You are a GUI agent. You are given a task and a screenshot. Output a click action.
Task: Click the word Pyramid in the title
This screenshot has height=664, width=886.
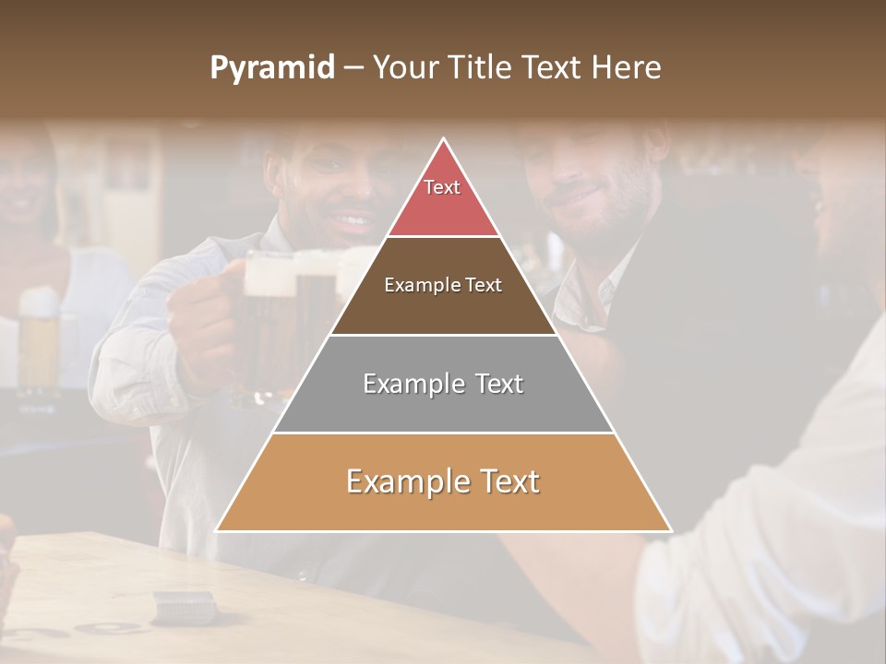click(271, 68)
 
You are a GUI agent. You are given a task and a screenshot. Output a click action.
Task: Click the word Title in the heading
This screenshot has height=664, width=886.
click(479, 67)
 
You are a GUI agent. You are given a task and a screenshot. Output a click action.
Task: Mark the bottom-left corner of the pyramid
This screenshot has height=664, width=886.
click(218, 529)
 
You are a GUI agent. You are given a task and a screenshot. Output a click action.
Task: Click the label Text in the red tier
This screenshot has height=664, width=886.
click(442, 187)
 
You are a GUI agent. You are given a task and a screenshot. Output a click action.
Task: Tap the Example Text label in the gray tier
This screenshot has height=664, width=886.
click(443, 384)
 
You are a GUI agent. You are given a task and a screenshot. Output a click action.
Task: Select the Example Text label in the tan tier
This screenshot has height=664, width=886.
click(443, 481)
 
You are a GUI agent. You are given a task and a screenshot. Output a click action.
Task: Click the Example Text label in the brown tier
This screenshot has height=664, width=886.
click(443, 285)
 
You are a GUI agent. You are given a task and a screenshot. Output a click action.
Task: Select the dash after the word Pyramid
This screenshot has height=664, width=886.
click(353, 68)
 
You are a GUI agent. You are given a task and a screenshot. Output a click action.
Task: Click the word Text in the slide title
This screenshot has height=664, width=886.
click(554, 67)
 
